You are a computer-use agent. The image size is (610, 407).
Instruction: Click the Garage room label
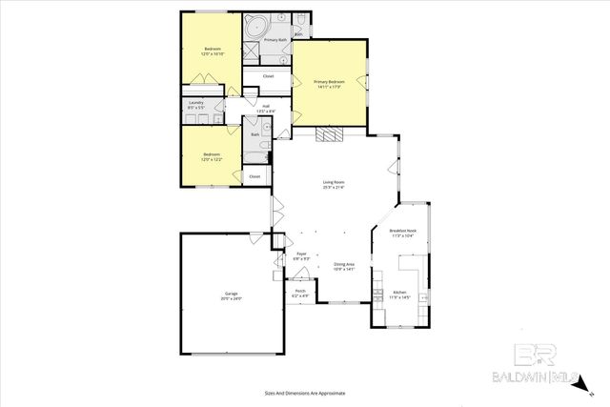233,293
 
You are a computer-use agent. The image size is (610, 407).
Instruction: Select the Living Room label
333,182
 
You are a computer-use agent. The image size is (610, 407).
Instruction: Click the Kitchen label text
400,292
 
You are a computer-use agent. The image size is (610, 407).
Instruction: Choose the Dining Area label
344,264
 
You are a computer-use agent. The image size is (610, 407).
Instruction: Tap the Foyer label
301,253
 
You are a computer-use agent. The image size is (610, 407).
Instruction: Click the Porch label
300,291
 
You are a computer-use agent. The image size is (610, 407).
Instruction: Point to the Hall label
267,106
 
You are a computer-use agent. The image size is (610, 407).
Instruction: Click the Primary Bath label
276,40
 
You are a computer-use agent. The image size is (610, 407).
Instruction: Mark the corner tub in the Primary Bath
254,28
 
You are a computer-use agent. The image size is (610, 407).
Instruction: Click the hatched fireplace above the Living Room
329,134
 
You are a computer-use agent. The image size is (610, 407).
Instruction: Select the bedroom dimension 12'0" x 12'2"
211,159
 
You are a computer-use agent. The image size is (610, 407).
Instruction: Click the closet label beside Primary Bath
268,75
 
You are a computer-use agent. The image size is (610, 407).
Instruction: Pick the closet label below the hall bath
254,176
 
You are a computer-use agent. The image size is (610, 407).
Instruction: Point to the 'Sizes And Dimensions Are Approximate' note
305,392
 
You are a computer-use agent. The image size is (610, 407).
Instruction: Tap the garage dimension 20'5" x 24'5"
233,298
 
